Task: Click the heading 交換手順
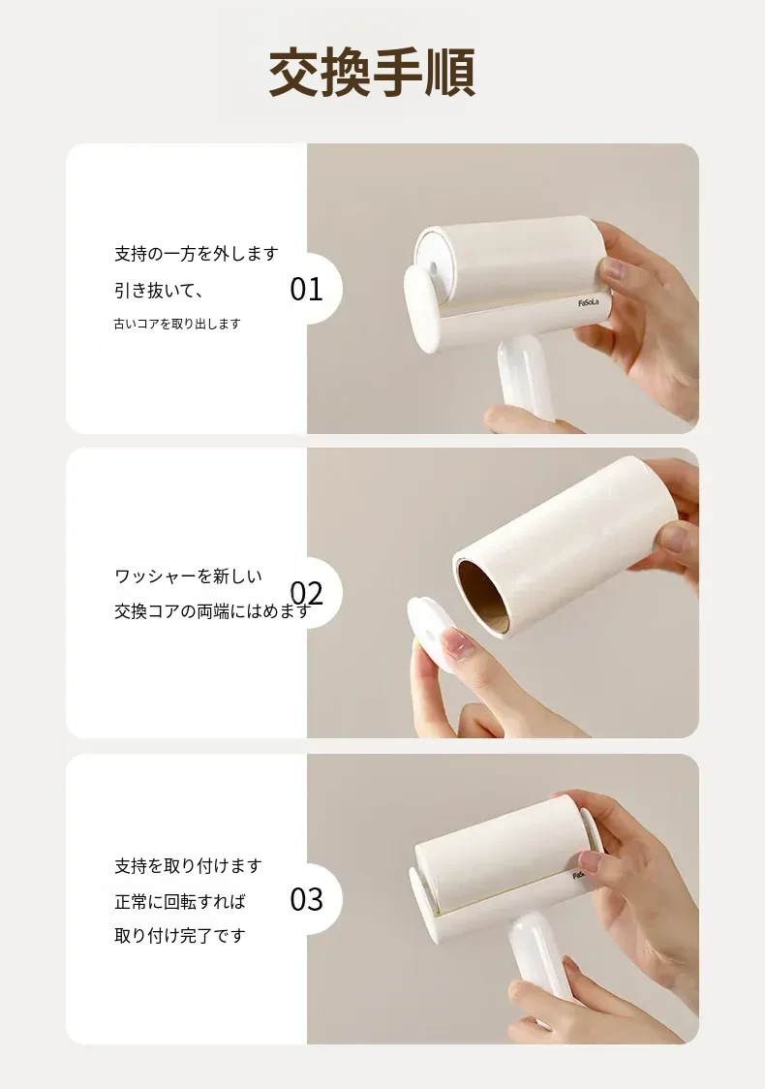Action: pos(372,73)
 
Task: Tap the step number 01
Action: pos(306,289)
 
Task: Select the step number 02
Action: pos(306,594)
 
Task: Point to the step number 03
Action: pos(306,899)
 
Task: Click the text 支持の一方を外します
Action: pos(197,254)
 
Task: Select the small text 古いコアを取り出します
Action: pos(177,324)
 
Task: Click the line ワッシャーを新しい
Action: pos(188,576)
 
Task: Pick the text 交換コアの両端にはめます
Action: pos(212,612)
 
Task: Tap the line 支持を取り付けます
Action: pos(188,866)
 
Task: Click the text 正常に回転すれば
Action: pos(180,902)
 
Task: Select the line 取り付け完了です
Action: pos(180,936)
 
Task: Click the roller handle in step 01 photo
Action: pos(526,382)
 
